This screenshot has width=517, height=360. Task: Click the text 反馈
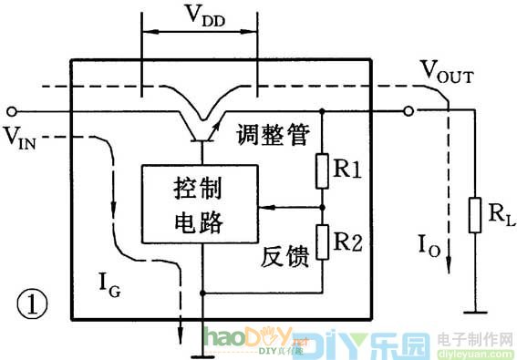(x=284, y=256)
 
